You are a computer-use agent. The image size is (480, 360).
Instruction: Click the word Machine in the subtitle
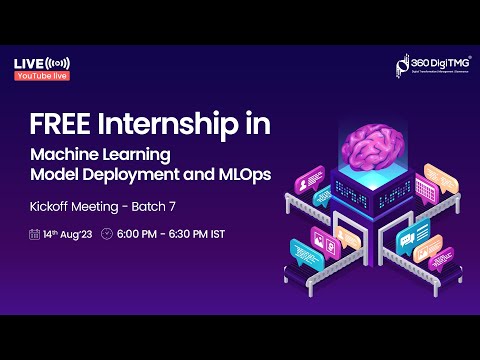[61, 157]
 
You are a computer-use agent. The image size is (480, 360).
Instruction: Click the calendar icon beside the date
[34, 235]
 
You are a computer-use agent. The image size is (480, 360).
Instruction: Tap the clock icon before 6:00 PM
[108, 235]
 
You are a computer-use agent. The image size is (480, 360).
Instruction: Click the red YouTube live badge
[41, 76]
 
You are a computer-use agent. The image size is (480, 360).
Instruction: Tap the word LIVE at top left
[27, 64]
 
